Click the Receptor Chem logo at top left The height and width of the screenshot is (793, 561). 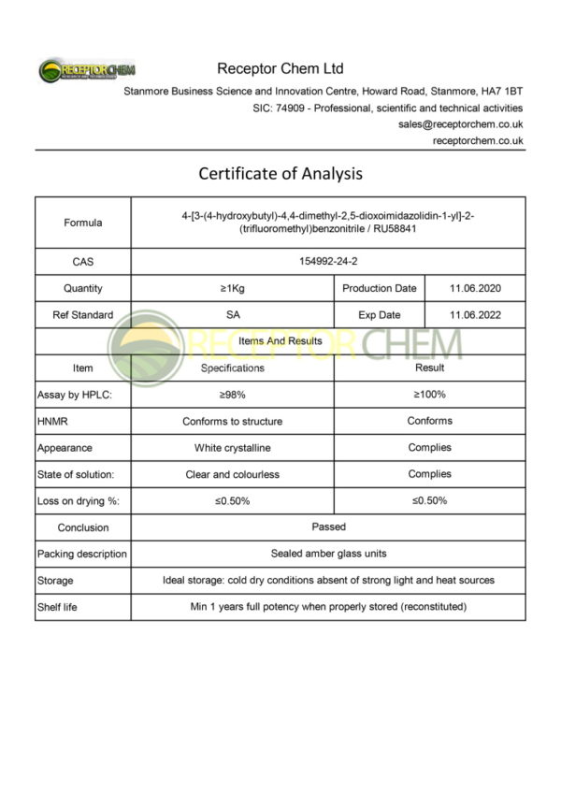[87, 71]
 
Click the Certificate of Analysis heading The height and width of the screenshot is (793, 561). [280, 174]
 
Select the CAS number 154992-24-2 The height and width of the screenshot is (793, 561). [327, 262]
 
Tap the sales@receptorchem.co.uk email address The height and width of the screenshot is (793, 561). [461, 123]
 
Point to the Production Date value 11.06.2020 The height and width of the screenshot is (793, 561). [475, 289]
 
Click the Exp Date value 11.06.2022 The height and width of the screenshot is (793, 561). [475, 315]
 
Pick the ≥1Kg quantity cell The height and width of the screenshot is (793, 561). [233, 289]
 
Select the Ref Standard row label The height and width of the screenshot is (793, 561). [83, 315]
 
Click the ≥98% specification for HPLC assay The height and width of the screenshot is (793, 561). [233, 395]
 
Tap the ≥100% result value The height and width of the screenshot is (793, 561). [429, 395]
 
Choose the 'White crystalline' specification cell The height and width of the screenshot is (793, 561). [233, 448]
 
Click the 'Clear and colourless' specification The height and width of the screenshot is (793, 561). [233, 474]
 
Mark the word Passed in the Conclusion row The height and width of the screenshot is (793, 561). [328, 527]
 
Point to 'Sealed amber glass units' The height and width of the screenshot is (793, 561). [328, 554]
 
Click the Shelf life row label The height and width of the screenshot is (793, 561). [57, 607]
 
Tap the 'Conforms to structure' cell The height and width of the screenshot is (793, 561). [233, 422]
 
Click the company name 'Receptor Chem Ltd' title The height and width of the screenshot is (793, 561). [280, 68]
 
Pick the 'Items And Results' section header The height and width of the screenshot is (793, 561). [280, 341]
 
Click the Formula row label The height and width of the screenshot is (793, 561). [83, 223]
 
